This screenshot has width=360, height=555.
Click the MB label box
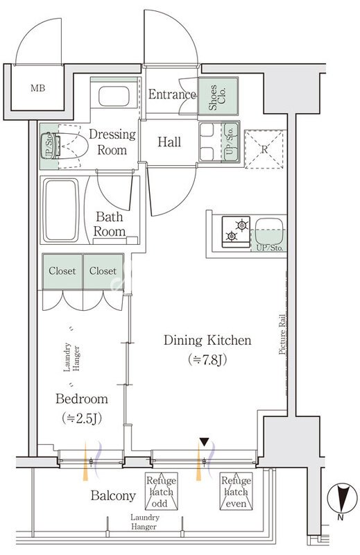click(38, 88)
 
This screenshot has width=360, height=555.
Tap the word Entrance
click(172, 94)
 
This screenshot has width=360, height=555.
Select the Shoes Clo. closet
click(218, 96)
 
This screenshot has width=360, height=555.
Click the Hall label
click(169, 142)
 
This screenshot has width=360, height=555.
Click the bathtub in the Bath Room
click(60, 210)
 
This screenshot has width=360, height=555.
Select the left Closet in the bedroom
click(62, 271)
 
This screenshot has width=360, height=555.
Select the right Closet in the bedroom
click(103, 271)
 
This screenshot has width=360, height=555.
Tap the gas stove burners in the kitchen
click(236, 232)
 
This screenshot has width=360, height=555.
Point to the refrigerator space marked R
click(264, 149)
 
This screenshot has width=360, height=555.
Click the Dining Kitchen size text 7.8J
click(207, 359)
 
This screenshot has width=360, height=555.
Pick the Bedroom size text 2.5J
click(82, 418)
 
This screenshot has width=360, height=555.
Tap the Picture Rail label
click(282, 334)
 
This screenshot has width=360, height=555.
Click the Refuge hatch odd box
click(162, 491)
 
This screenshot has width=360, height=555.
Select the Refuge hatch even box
click(236, 491)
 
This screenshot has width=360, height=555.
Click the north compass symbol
click(340, 498)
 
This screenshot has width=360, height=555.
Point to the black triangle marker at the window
click(204, 442)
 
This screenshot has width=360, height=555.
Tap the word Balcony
click(113, 495)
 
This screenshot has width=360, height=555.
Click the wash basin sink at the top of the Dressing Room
click(114, 96)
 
